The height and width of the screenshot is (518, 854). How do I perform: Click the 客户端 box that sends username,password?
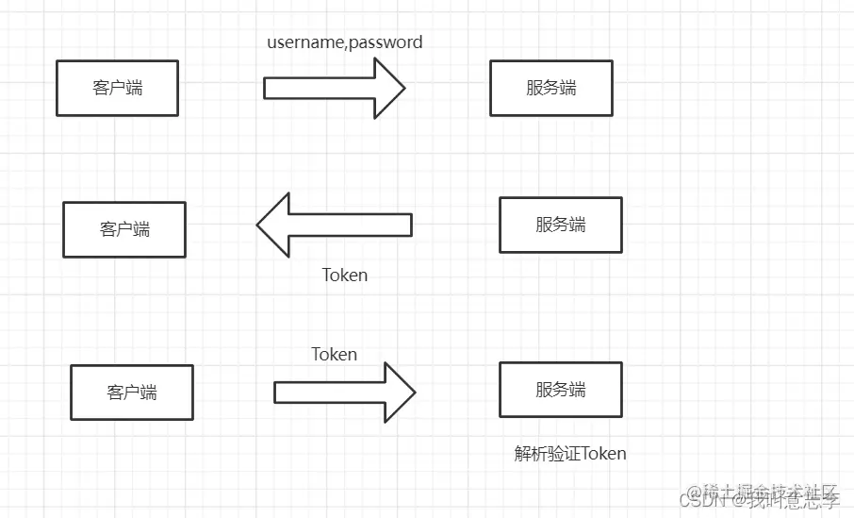pos(117,89)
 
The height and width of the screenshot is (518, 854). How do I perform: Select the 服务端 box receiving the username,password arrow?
pos(550,89)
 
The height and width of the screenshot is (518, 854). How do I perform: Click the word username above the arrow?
pos(306,42)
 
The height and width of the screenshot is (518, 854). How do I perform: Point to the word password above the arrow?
pos(386,42)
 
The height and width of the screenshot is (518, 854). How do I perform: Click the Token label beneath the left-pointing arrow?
pos(344,276)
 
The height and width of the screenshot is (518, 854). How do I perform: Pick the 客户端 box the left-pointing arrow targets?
pos(124,229)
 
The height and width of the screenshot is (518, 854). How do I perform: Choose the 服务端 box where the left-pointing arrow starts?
pos(560,225)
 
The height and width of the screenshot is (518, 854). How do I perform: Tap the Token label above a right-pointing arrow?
pos(334,355)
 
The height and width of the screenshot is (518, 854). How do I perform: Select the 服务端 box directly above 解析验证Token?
pos(560,390)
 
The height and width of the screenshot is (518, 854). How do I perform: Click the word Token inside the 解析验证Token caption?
pos(603,454)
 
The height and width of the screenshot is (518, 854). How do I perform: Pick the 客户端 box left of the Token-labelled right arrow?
pos(131,393)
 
